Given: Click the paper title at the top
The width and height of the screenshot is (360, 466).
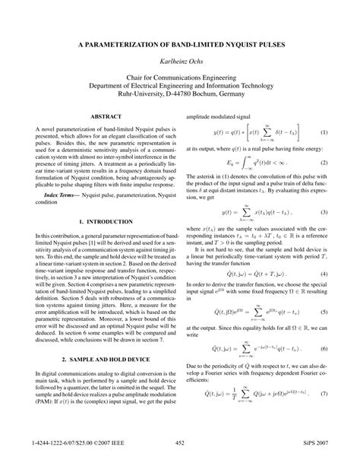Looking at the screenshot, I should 180,46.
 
